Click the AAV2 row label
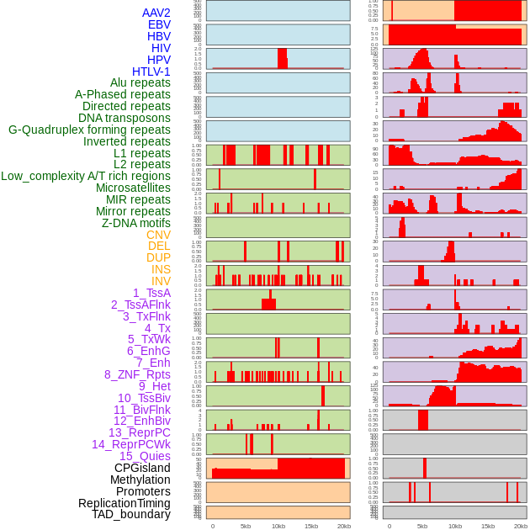156,13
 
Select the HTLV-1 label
151,72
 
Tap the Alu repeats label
140,83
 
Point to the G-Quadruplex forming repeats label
89,130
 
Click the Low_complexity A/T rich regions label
85,176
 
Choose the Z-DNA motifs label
135,223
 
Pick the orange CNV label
158,235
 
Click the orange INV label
161,281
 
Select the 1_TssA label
151,293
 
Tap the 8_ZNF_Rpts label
137,374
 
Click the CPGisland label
142,468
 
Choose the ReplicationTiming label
124,503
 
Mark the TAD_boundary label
130,514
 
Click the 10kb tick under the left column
278,526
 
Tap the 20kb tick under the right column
521,526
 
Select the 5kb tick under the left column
246,526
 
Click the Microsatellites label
133,188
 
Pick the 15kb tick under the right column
488,526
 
